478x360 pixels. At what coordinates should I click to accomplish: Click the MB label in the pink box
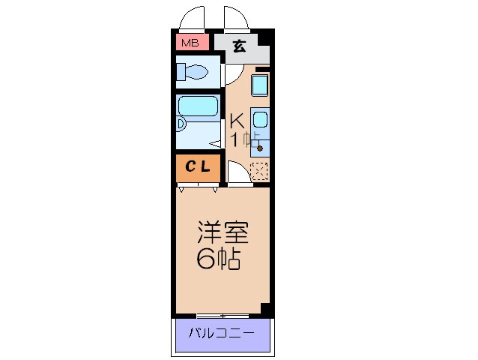[x=187, y=43]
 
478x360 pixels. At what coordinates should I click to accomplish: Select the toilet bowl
[x=196, y=73]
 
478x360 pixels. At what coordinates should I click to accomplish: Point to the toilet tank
[x=181, y=72]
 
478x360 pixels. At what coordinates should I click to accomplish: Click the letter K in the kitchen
[x=237, y=121]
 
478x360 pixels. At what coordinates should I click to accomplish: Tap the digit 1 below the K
[x=235, y=139]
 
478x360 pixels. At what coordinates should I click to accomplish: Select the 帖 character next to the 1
[x=252, y=139]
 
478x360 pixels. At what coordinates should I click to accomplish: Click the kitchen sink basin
[x=259, y=119]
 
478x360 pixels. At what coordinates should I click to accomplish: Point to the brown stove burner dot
[x=260, y=148]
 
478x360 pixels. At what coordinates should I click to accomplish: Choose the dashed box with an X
[x=259, y=172]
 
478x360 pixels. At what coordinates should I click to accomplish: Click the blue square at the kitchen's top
[x=260, y=85]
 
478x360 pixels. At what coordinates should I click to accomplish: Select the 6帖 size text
[x=219, y=259]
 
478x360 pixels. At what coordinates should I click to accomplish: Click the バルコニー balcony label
[x=221, y=332]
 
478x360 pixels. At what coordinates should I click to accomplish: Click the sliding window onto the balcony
[x=223, y=315]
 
